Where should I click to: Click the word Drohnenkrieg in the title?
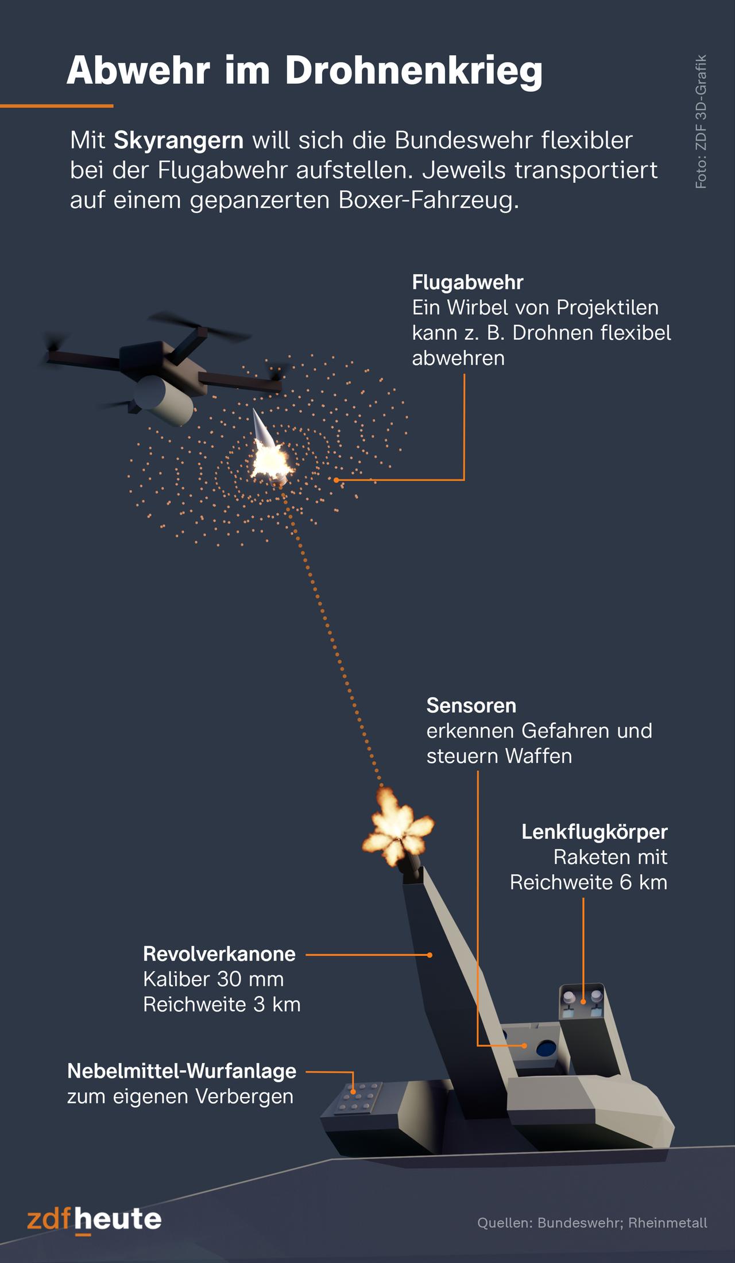[413, 71]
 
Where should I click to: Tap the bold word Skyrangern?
[179, 140]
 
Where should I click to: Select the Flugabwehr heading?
[467, 282]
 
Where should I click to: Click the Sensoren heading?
[471, 706]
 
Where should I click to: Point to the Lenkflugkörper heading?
[594, 832]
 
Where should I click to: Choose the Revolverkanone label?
[219, 954]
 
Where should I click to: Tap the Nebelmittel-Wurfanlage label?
[181, 1071]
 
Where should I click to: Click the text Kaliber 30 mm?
[213, 979]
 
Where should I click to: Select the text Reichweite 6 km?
[589, 882]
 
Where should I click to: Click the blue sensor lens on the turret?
[543, 1049]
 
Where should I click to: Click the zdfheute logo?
[94, 1218]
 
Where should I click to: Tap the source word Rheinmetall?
[667, 1222]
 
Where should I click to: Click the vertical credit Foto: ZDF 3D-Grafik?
[701, 122]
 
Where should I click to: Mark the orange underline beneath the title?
[56, 106]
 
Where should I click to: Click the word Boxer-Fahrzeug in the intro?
[428, 200]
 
